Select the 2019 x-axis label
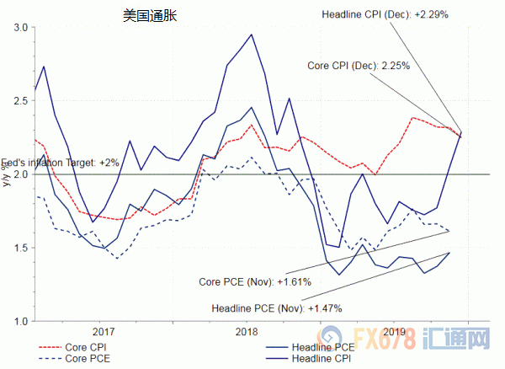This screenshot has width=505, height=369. [x=395, y=331]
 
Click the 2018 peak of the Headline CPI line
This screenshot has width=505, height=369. [x=252, y=35]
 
